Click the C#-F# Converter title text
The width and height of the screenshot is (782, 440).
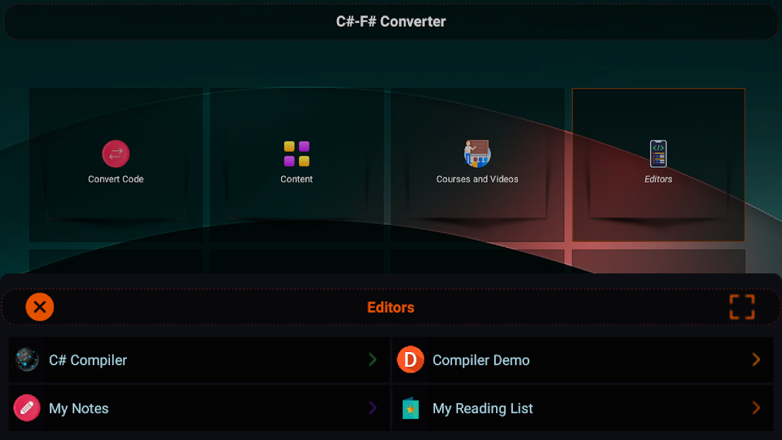click(x=390, y=21)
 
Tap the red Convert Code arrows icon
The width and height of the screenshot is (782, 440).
click(x=116, y=153)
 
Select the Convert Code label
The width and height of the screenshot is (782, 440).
click(x=116, y=179)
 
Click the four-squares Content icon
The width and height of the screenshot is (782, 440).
click(x=297, y=153)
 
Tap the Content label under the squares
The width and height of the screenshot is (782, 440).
click(x=297, y=179)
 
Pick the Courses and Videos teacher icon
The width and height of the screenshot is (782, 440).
click(x=477, y=153)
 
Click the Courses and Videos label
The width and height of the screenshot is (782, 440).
click(x=477, y=179)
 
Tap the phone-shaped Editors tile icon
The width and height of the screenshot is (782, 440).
click(x=658, y=153)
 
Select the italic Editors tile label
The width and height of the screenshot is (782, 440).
click(x=658, y=179)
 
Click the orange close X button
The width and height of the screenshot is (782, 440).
click(x=40, y=307)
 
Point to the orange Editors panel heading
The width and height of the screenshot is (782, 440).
click(x=390, y=307)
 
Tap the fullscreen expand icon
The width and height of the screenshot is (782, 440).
click(x=742, y=307)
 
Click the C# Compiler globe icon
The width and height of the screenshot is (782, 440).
click(x=27, y=359)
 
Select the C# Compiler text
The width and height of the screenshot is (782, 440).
click(x=88, y=360)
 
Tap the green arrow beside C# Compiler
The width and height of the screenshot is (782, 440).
click(x=372, y=359)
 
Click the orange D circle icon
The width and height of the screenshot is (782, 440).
click(x=411, y=359)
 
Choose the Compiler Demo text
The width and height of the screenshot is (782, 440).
click(x=481, y=360)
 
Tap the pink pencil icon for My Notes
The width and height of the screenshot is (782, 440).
click(x=27, y=408)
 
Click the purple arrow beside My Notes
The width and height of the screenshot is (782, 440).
click(x=372, y=408)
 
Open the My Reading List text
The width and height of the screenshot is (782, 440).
click(x=483, y=409)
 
